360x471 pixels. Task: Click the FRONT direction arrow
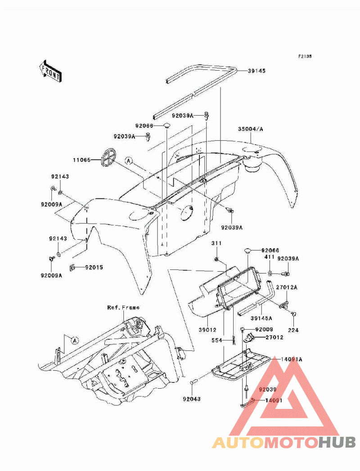(x=50, y=71)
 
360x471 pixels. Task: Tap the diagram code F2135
(x=305, y=56)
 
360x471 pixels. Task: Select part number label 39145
(x=256, y=71)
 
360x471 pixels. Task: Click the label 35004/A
(x=251, y=129)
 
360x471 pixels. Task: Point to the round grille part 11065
(x=108, y=157)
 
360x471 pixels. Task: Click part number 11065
(x=82, y=160)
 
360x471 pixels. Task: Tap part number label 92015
(x=94, y=267)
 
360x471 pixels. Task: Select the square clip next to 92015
(x=72, y=267)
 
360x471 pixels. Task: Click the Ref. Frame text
(x=123, y=308)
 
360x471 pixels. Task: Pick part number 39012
(x=207, y=329)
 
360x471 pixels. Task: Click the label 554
(x=216, y=341)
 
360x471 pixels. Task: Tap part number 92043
(x=191, y=399)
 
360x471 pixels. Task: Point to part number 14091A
(x=292, y=359)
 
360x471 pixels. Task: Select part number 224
(x=293, y=330)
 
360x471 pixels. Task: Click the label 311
(x=216, y=243)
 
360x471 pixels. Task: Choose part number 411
(x=270, y=257)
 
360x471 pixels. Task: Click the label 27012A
(x=287, y=287)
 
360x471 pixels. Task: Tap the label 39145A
(x=261, y=318)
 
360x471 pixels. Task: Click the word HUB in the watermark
(x=337, y=443)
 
